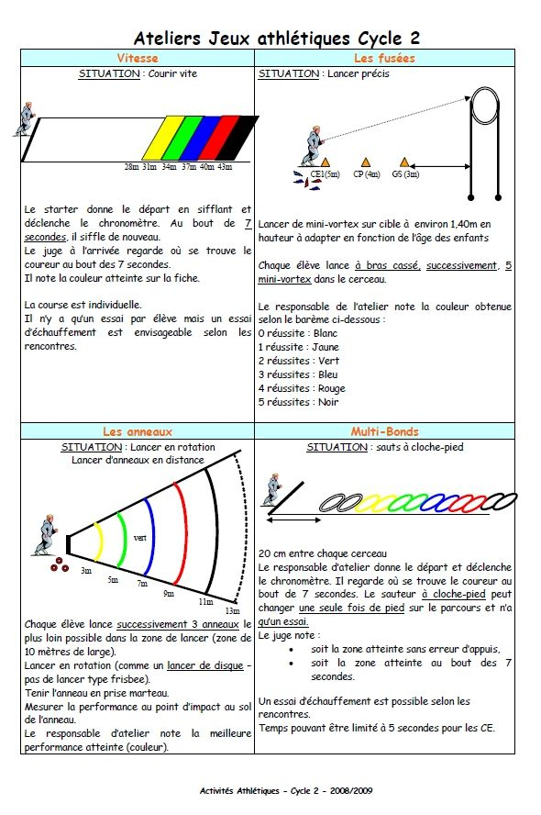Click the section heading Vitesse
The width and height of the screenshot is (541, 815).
click(x=137, y=58)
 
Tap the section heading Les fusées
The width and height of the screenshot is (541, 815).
click(x=384, y=58)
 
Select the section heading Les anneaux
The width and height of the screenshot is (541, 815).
click(x=137, y=431)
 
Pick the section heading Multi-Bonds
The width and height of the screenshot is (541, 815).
click(x=384, y=431)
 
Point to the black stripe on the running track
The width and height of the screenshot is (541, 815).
click(x=237, y=138)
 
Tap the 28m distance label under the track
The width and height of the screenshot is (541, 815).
click(x=132, y=167)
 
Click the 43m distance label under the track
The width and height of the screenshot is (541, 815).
click(x=225, y=167)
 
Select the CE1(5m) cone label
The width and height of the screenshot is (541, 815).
click(x=325, y=174)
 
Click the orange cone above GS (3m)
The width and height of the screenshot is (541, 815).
click(x=404, y=162)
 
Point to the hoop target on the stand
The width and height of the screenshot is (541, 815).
click(x=485, y=106)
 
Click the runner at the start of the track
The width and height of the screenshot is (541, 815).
click(x=25, y=119)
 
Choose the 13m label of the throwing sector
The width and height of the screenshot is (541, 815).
click(x=233, y=610)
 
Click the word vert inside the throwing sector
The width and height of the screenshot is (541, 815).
click(x=139, y=538)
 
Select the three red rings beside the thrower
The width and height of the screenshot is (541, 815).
click(x=60, y=565)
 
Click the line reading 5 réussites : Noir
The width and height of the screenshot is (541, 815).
click(x=299, y=402)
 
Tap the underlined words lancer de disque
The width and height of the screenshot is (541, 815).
click(x=205, y=665)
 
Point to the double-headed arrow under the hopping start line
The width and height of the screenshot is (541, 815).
click(x=293, y=519)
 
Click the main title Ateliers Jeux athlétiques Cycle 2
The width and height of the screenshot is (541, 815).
click(x=277, y=38)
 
